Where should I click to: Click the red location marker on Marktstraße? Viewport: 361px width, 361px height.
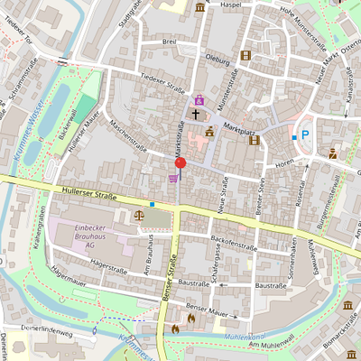(180, 162)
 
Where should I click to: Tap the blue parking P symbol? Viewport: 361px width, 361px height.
(305, 135)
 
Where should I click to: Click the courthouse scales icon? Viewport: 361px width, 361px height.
(139, 215)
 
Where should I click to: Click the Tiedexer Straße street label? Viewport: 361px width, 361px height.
(162, 84)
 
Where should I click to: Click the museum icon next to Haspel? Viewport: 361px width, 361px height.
(199, 8)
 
